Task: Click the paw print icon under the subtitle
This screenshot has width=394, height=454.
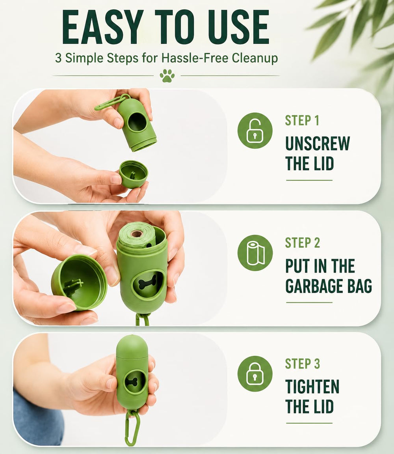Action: point(167,76)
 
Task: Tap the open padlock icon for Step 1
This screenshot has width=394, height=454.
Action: point(255,131)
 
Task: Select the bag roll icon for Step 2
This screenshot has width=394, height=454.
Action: point(255,253)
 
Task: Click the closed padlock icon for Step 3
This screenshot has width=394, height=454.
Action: point(255,374)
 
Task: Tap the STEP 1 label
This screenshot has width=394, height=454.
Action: point(302,120)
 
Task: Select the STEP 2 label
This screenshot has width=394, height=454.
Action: point(303,243)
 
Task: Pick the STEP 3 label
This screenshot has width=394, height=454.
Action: point(303,364)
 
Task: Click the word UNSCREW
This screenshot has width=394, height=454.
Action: point(318,143)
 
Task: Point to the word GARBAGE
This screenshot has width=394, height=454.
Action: point(314,286)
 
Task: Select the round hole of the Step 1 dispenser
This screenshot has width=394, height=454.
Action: point(137,122)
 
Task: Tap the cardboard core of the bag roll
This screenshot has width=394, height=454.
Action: point(137,234)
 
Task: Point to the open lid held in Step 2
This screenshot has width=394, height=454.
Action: point(79,282)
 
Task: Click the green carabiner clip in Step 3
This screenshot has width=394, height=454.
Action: point(132,428)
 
